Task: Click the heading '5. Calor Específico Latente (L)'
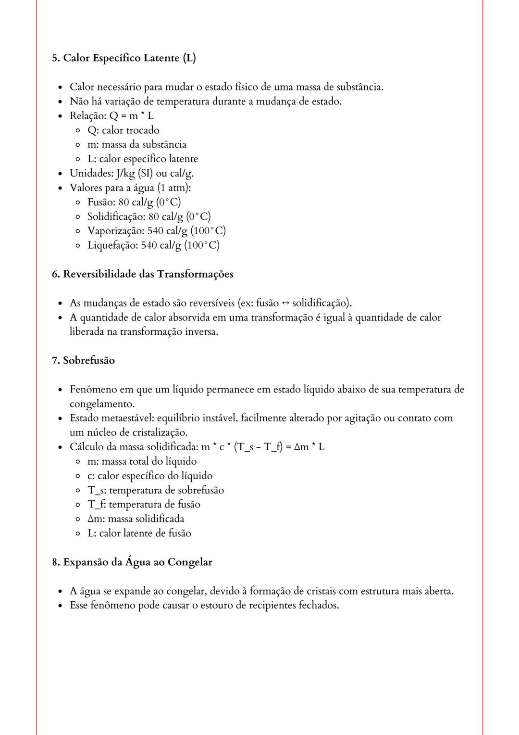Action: point(124,58)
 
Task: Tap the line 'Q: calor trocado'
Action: point(123,130)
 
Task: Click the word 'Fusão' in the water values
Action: point(101,202)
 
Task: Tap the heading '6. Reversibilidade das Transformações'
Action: point(142,274)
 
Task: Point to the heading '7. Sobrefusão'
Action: point(83,360)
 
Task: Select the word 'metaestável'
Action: point(125,418)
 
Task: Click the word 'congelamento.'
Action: point(102,404)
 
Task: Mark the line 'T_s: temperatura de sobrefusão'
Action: point(155,490)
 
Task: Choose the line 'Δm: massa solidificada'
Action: point(136,519)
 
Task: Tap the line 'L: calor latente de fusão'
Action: point(139,533)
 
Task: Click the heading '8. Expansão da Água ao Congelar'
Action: point(132,562)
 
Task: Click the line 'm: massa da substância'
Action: point(136,145)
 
